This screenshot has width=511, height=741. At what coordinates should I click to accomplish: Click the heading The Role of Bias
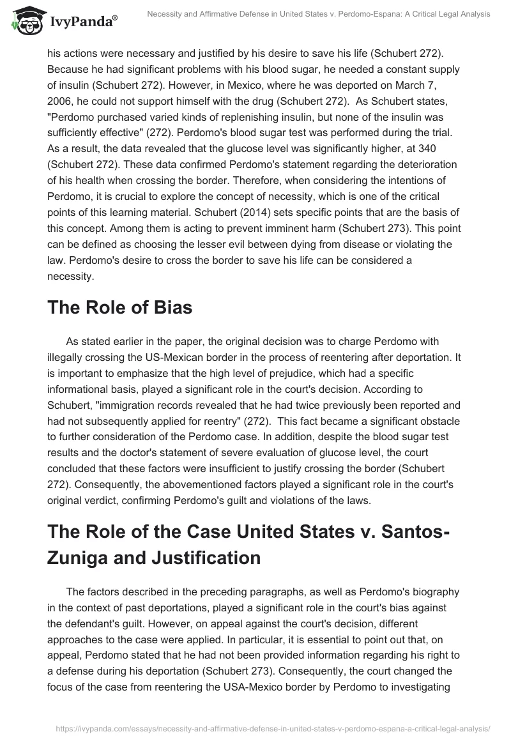click(x=119, y=307)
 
